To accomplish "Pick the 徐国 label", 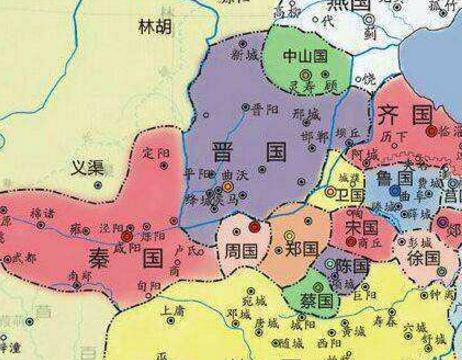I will pos(424,257).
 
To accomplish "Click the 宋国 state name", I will pos(360,227).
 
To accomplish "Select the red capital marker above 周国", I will pos(254,226).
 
